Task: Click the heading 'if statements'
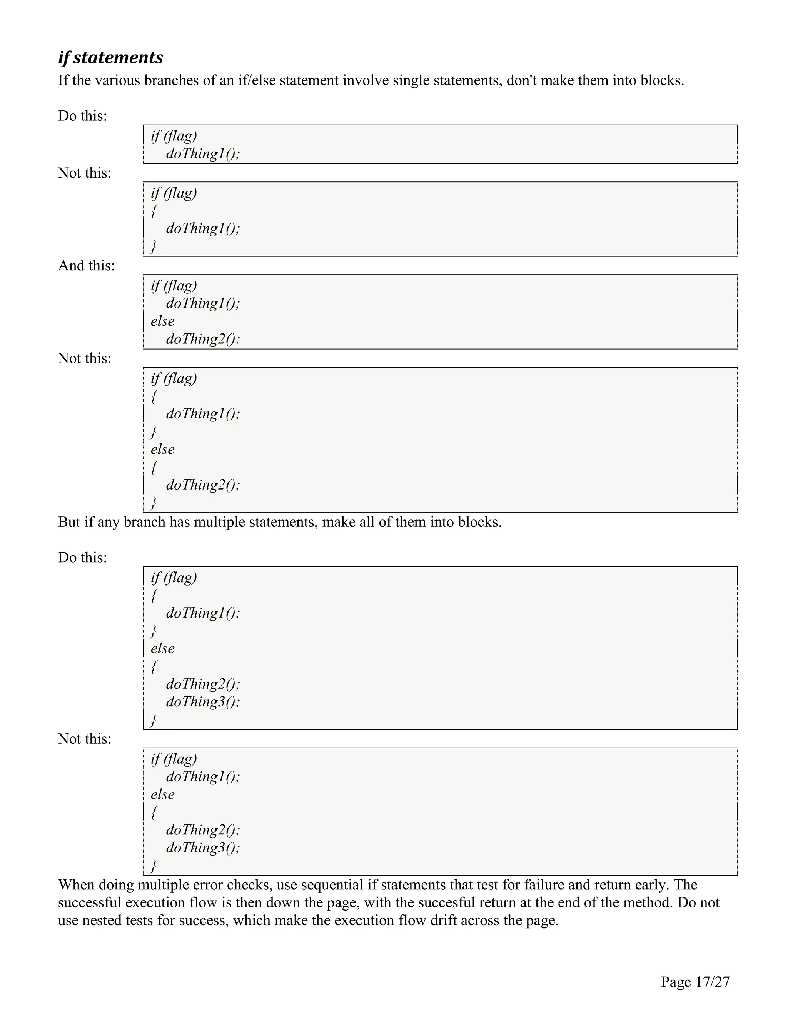pos(111,57)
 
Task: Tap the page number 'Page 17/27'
pos(695,982)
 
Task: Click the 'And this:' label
pos(86,265)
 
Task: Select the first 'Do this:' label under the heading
pos(83,116)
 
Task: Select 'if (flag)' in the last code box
pos(174,759)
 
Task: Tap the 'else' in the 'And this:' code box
pos(162,321)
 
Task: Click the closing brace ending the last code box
pos(153,866)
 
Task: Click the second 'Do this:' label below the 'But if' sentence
pos(83,558)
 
